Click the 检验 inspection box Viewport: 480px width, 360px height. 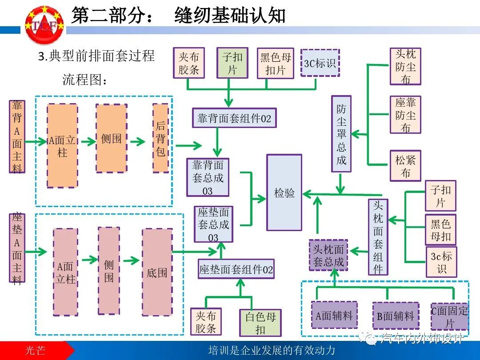tap(284, 192)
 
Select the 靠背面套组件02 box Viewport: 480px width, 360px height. tap(234, 118)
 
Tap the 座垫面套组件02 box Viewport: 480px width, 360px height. tap(236, 269)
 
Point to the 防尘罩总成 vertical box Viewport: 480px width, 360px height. tap(341, 134)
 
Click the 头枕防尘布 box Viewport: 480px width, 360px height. tap(405, 67)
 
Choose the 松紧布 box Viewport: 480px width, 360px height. tap(405, 166)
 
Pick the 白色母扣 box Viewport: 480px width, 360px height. tap(260, 323)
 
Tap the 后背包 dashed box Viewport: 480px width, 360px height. tap(160, 138)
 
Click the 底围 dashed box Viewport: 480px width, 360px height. tap(157, 272)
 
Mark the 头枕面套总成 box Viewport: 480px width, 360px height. tap(328, 256)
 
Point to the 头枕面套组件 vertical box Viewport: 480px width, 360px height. tap(378, 237)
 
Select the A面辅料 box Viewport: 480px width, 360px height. tap(334, 315)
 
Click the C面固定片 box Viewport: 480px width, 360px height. tap(449, 316)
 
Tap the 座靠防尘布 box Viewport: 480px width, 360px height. tap(405, 115)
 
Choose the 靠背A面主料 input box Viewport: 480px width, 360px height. tap(17, 136)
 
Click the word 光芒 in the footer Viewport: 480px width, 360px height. tap(35, 350)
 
